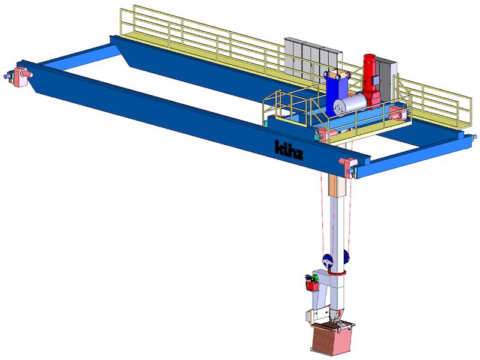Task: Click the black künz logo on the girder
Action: pyautogui.click(x=289, y=151)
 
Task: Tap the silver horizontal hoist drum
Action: pyautogui.click(x=350, y=104)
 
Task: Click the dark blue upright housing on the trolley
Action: pyautogui.click(x=336, y=92)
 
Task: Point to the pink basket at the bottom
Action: pyautogui.click(x=332, y=338)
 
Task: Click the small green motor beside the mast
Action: pyautogui.click(x=312, y=278)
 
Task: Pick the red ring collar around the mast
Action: pyautogui.click(x=337, y=273)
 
